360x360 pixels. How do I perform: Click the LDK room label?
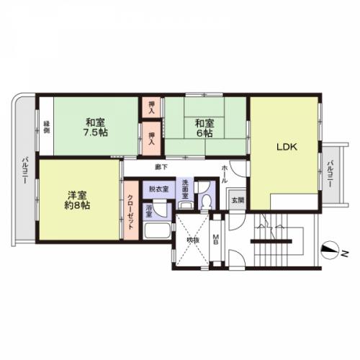tap(284, 146)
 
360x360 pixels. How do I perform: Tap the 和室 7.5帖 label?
tap(96, 127)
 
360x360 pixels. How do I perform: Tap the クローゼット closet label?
tap(130, 207)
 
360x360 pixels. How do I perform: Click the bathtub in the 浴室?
tap(156, 232)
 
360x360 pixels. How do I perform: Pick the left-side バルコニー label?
tap(24, 170)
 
